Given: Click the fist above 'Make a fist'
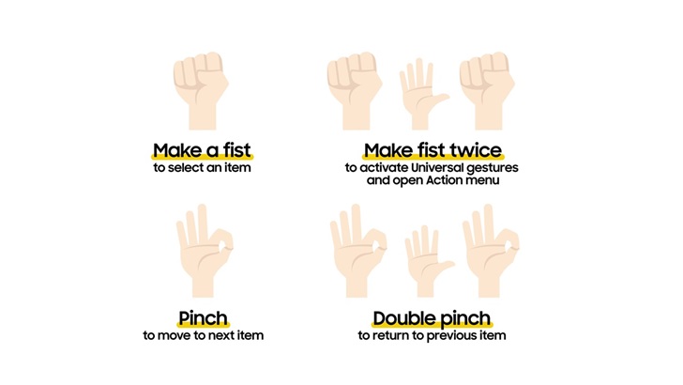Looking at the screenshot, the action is click(x=201, y=91).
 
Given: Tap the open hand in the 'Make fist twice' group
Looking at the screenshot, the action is click(x=421, y=94).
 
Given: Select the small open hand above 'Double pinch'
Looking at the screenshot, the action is click(x=427, y=262).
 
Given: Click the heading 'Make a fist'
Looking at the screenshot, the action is click(x=202, y=150).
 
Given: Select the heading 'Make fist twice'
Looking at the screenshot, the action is click(x=433, y=150).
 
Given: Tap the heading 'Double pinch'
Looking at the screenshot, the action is click(x=432, y=318).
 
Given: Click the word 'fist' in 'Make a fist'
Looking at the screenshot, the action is click(x=237, y=150).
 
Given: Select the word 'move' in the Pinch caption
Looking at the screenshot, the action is click(x=171, y=336).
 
